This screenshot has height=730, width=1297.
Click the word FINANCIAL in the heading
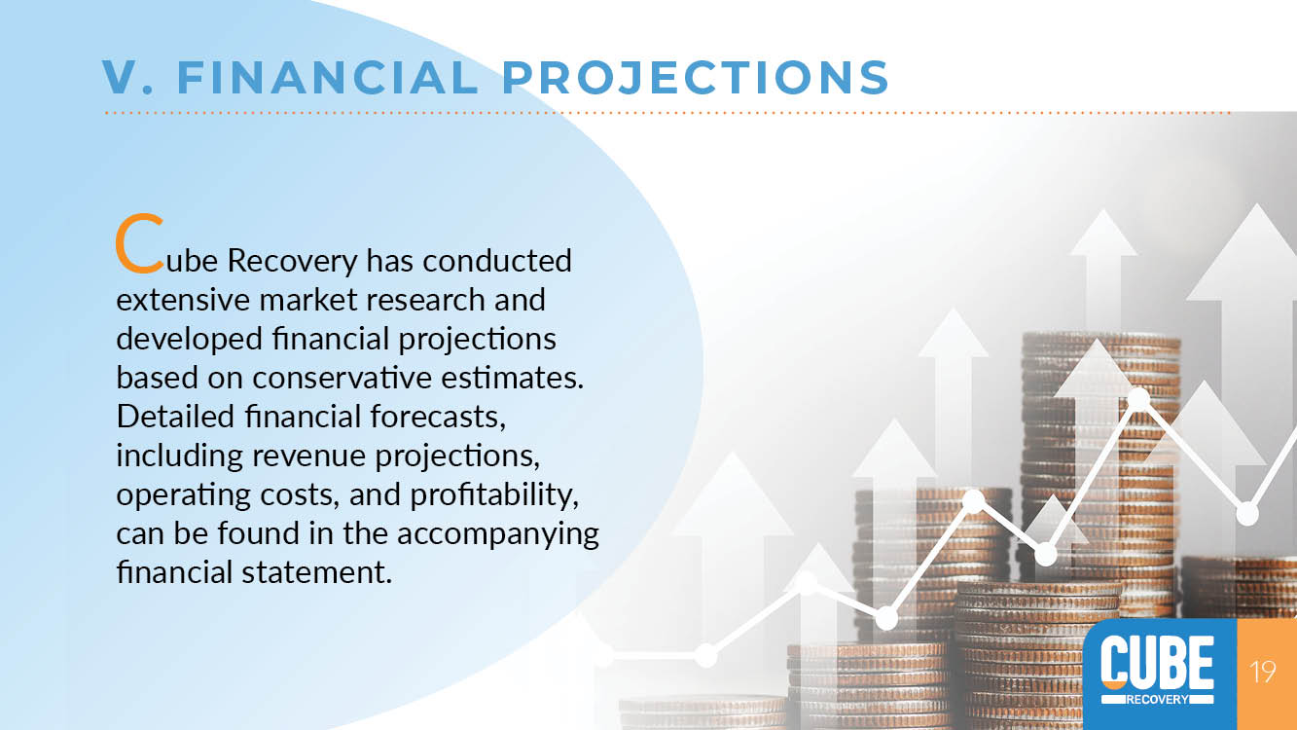tap(328, 77)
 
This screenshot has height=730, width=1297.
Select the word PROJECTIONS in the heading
tap(696, 77)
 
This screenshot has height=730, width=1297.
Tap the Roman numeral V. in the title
tap(128, 77)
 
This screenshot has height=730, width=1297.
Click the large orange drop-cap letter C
tap(139, 243)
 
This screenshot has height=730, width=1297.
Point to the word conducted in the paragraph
tap(497, 261)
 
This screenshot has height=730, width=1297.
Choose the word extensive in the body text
tap(183, 300)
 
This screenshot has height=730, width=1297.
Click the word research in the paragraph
tap(425, 300)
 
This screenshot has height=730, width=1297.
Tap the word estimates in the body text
tap(513, 378)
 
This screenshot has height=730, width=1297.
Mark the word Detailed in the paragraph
tap(175, 417)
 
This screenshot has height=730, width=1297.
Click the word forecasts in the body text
tap(438, 417)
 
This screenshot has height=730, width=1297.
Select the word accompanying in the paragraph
tap(497, 535)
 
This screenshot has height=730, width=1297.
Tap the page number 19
tap(1263, 672)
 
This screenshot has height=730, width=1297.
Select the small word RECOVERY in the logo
tap(1157, 699)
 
